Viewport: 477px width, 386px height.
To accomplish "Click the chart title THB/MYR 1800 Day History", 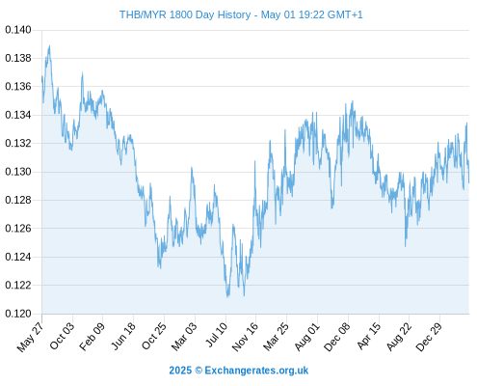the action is click(185, 14).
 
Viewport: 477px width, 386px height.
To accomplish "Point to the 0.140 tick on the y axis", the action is click(18, 30).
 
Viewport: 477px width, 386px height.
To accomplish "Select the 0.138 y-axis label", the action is click(18, 58).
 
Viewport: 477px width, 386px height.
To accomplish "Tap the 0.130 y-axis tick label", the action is click(18, 172).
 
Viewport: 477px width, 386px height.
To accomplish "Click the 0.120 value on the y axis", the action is click(18, 314).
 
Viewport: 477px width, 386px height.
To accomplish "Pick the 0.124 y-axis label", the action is click(18, 257).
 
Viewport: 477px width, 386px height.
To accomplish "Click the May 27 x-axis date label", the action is click(30, 337).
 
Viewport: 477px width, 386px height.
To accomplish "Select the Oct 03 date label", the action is click(62, 336).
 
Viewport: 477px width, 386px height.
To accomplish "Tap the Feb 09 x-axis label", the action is click(92, 337).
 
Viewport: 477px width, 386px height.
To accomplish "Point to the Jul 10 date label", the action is click(217, 335).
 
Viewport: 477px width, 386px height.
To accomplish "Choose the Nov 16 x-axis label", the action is click(245, 337).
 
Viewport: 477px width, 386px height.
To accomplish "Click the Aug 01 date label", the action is click(307, 337).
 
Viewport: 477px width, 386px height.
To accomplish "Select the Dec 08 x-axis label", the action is click(337, 337).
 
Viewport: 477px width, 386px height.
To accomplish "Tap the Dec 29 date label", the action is click(429, 337).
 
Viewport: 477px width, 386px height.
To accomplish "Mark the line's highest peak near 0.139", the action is click(49, 45).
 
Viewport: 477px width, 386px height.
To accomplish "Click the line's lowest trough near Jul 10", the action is click(227, 296).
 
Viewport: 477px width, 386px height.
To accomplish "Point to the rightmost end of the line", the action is click(469, 182).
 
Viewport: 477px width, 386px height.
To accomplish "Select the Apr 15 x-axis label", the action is click(368, 336).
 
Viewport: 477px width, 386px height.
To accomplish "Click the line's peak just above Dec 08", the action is click(353, 101).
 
